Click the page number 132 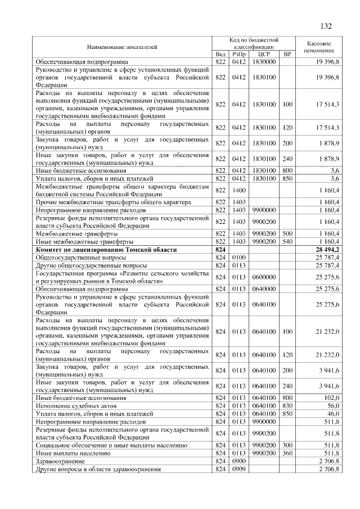(x=326, y=26)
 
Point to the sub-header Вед (x=220, y=54)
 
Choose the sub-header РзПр (x=239, y=54)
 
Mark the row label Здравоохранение (x=59, y=461)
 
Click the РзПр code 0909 (x=239, y=469)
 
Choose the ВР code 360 (x=287, y=453)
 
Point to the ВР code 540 (x=287, y=241)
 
